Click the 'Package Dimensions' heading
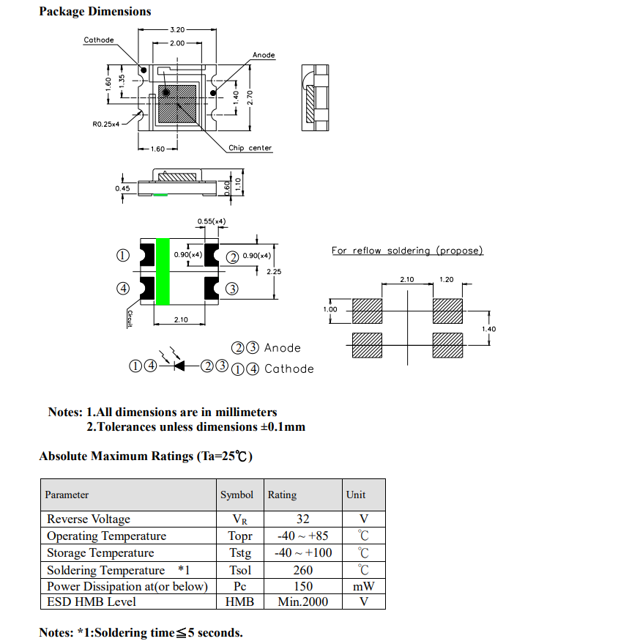tap(95, 11)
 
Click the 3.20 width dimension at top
tap(176, 30)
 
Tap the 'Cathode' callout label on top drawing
tap(99, 40)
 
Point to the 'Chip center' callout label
tap(250, 148)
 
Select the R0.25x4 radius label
tap(105, 125)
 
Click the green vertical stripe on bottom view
tap(163, 271)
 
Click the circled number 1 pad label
tap(123, 255)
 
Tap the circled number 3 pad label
tap(232, 289)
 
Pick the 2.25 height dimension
tap(274, 271)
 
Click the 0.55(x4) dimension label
tap(212, 221)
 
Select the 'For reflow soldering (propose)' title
tap(407, 251)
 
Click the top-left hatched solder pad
tap(368, 311)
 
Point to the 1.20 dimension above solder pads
tap(446, 279)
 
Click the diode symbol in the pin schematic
tap(178, 365)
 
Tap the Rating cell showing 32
tap(302, 519)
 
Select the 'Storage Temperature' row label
tap(100, 552)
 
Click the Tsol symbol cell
tap(239, 570)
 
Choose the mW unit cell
tap(363, 586)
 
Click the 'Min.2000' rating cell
tap(303, 602)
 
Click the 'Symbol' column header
tap(237, 495)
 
